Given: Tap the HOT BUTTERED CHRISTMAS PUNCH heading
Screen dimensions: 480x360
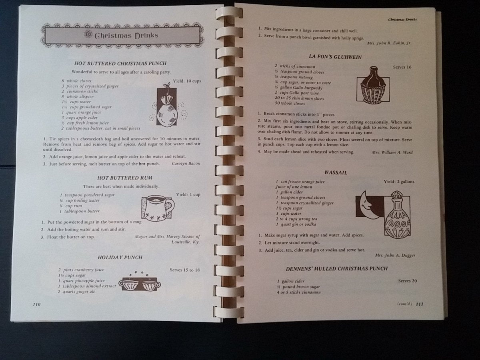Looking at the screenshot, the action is [120, 63].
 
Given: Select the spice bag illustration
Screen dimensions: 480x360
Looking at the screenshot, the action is [167, 105].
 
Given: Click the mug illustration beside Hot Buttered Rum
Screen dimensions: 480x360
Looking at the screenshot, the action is [158, 208].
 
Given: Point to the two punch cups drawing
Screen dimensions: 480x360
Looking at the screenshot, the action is [140, 283].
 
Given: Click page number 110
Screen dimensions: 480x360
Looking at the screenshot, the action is [37, 304].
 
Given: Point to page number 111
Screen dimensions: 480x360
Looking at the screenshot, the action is [420, 304].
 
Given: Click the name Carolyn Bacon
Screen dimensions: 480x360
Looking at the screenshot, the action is [186, 164].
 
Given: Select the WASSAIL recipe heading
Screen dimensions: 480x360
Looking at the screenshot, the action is [336, 173].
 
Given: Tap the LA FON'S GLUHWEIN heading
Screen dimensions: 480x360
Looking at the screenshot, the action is [335, 57].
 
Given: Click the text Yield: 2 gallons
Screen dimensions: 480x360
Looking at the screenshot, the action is [399, 182].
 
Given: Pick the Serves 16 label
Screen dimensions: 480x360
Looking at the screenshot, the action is [402, 67].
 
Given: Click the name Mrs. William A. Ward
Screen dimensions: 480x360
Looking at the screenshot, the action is [392, 152].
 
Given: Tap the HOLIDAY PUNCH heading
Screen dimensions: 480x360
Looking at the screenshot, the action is [120, 258].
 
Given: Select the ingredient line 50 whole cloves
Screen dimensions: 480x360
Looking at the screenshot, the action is [290, 103].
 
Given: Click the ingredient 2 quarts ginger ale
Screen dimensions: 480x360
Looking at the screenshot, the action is [76, 292].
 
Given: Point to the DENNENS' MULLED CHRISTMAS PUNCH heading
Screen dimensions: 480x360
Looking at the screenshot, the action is [336, 269].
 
